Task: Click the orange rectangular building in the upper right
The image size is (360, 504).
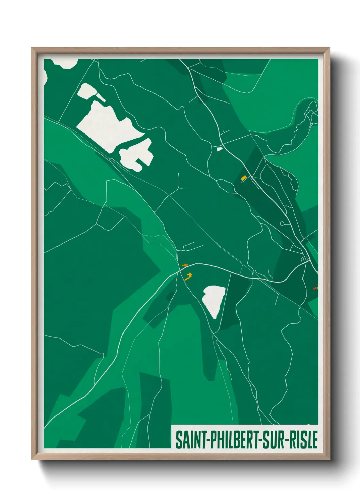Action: click(243, 178)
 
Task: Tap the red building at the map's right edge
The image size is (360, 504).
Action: click(315, 288)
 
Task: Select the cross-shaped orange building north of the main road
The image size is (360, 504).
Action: click(185, 265)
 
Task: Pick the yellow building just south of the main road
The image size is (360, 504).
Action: click(188, 276)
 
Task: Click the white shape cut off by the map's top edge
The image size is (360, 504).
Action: click(65, 63)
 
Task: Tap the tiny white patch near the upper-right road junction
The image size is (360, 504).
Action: click(219, 149)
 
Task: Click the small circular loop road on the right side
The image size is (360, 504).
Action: click(282, 224)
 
